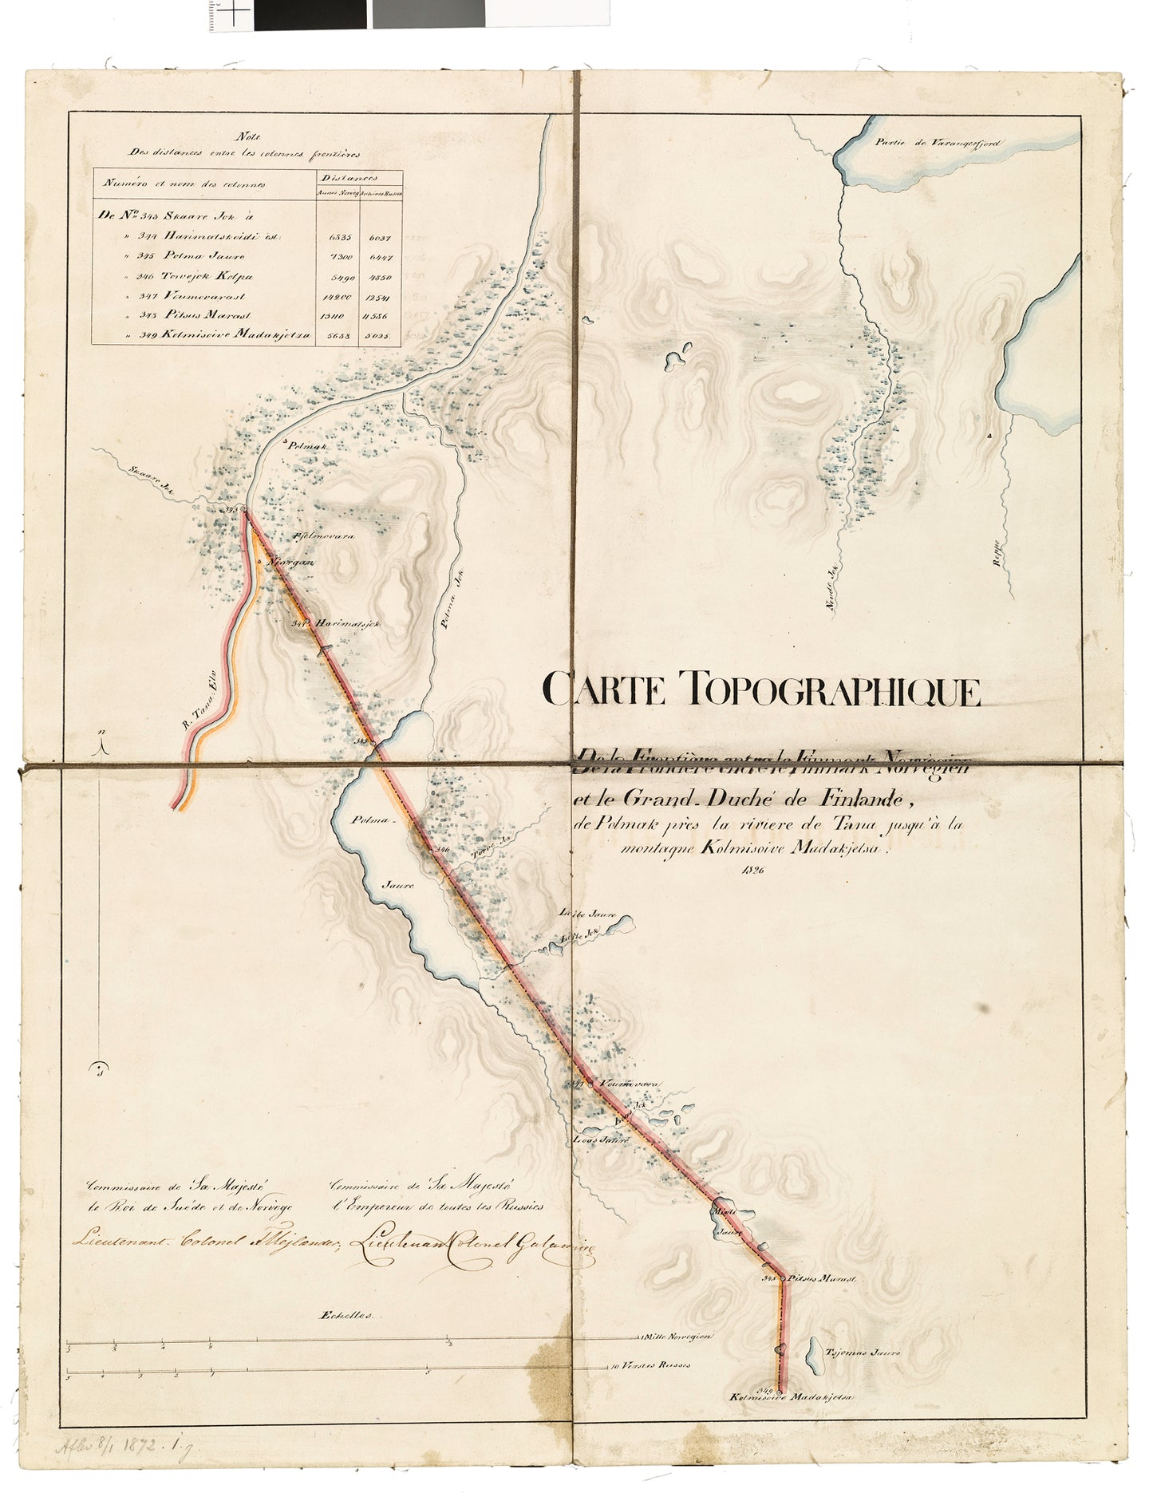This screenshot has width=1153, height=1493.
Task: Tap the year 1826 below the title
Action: pyautogui.click(x=752, y=870)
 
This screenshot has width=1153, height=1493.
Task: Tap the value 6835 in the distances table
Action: pyautogui.click(x=334, y=236)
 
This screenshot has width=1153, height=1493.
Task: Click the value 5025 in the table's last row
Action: pyautogui.click(x=382, y=337)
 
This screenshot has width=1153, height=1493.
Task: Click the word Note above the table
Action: pyautogui.click(x=239, y=136)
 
